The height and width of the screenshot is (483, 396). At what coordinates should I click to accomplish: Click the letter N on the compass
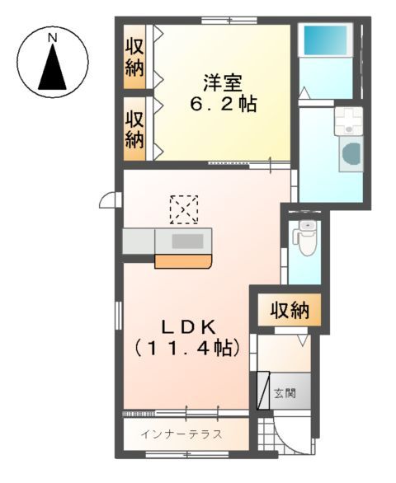(x=52, y=38)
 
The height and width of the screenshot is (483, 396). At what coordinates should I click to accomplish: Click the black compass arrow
(x=52, y=68)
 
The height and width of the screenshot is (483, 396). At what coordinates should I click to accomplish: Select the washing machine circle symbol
(x=350, y=155)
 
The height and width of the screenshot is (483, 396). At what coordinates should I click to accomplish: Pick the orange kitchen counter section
(x=182, y=262)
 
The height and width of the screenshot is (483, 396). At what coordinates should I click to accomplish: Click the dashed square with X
(x=183, y=209)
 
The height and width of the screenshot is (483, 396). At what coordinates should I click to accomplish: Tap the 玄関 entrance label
(x=284, y=392)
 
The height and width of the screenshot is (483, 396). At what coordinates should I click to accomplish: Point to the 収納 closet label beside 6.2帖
(x=135, y=129)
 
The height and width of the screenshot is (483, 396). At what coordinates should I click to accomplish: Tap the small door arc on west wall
(x=107, y=200)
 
